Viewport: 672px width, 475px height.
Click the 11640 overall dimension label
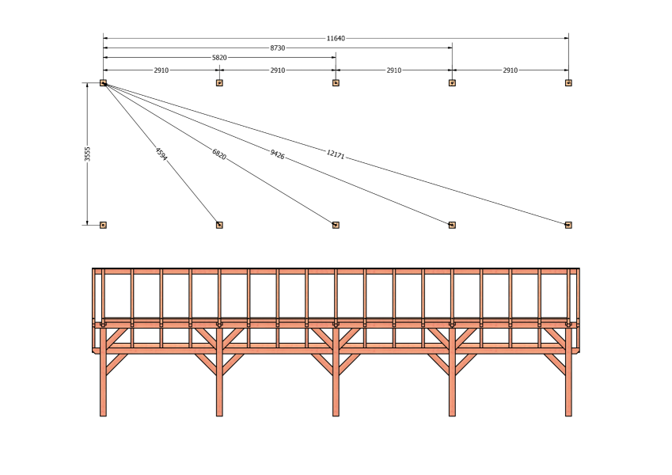336,39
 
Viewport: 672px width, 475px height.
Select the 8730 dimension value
277,48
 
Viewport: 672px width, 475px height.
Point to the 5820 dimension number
219,58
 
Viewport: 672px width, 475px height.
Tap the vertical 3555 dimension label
87,154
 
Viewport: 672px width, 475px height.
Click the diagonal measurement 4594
161,154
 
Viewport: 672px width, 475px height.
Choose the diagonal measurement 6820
219,154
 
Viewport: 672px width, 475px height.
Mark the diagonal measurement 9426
277,154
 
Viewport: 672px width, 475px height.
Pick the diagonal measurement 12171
335,154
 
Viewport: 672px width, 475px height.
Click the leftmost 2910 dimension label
161,70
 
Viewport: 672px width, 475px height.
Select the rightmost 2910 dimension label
510,70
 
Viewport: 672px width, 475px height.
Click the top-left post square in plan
103,83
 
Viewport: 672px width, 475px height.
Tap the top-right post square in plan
568,83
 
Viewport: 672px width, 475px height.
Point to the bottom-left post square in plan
103,225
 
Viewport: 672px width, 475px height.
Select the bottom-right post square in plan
568,225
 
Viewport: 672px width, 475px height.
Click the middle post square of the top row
336,83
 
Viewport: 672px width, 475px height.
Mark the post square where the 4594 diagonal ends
219,225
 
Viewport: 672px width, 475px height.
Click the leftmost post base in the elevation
103,413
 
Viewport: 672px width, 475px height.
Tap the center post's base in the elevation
336,413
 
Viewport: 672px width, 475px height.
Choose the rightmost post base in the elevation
568,413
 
